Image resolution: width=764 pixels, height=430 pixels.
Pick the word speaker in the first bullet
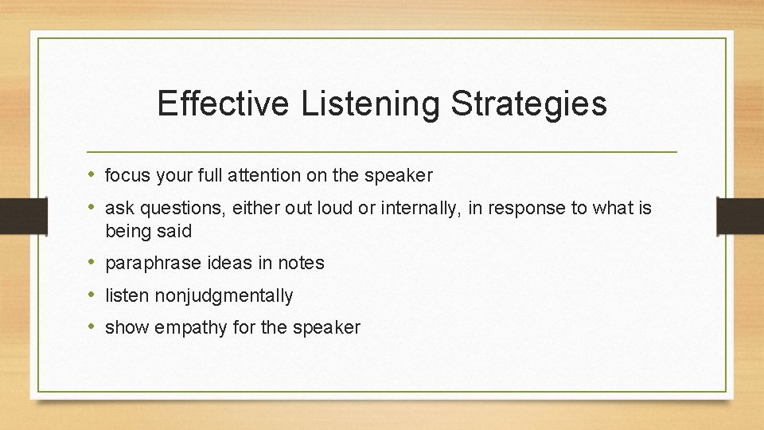(x=401, y=175)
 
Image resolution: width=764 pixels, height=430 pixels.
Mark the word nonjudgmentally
(x=224, y=296)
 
